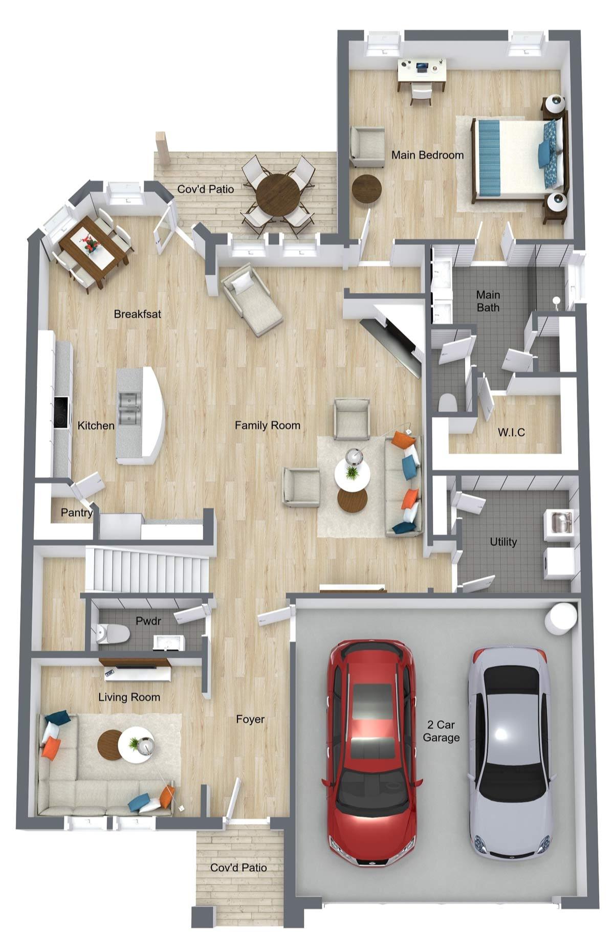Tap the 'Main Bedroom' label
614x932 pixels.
click(x=427, y=154)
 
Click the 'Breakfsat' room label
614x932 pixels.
click(x=137, y=314)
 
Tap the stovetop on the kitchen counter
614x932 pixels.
click(x=61, y=412)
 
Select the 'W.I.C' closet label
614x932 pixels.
click(x=511, y=433)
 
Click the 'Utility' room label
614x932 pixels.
click(x=503, y=542)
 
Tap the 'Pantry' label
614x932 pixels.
click(x=77, y=512)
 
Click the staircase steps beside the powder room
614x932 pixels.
click(x=148, y=569)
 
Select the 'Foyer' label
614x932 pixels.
click(x=250, y=719)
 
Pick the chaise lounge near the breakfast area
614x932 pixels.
click(x=252, y=299)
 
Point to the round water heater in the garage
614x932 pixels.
click(x=561, y=618)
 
